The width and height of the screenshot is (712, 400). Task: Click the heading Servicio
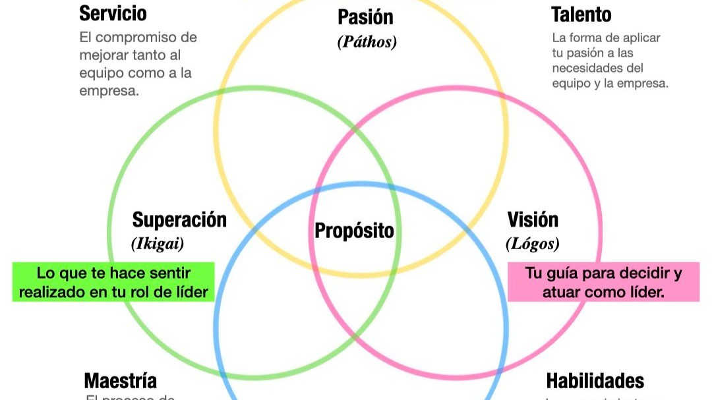pos(113,13)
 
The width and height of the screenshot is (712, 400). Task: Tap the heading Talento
pos(581,14)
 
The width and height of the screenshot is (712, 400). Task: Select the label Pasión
pos(365,16)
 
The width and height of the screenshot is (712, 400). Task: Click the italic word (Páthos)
pos(367,42)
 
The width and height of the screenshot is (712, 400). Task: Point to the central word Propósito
pos(354,231)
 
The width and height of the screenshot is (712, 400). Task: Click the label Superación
pos(179,219)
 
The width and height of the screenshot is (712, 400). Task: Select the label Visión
pos(533,219)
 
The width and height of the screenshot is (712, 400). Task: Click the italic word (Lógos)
pos(533,244)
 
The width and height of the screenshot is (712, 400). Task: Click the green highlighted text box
pos(113,282)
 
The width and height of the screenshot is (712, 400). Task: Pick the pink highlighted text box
pos(603,282)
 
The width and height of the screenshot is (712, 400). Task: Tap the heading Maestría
pos(121,381)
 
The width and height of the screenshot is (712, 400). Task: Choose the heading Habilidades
pos(595,381)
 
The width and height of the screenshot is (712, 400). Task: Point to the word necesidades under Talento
pos(589,69)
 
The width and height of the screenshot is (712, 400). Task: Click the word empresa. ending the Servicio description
pos(109,91)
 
